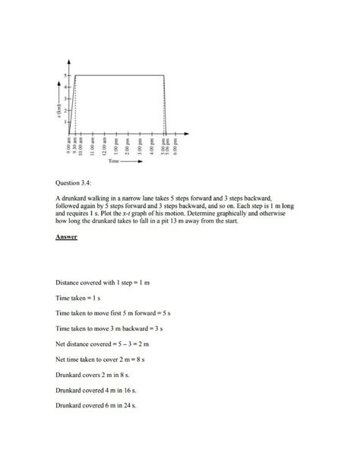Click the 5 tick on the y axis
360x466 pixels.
66,75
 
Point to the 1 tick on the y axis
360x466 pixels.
66,121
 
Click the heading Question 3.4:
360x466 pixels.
76,182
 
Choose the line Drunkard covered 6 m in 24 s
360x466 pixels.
96,407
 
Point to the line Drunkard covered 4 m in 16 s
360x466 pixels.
96,389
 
